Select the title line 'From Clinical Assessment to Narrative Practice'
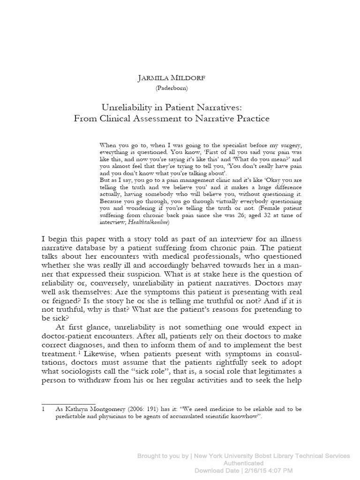pos(172,119)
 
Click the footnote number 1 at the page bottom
pos(43,409)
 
